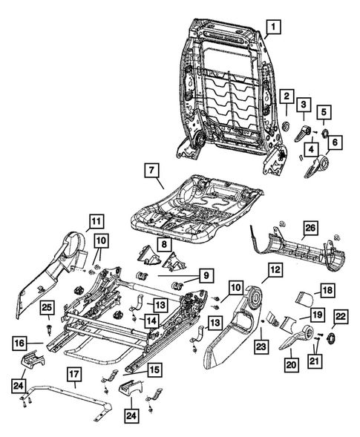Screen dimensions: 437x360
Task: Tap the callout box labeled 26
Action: click(310, 227)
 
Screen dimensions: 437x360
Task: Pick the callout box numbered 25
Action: click(46, 308)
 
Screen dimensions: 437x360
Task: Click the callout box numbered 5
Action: click(325, 114)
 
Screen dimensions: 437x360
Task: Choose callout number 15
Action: click(154, 369)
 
